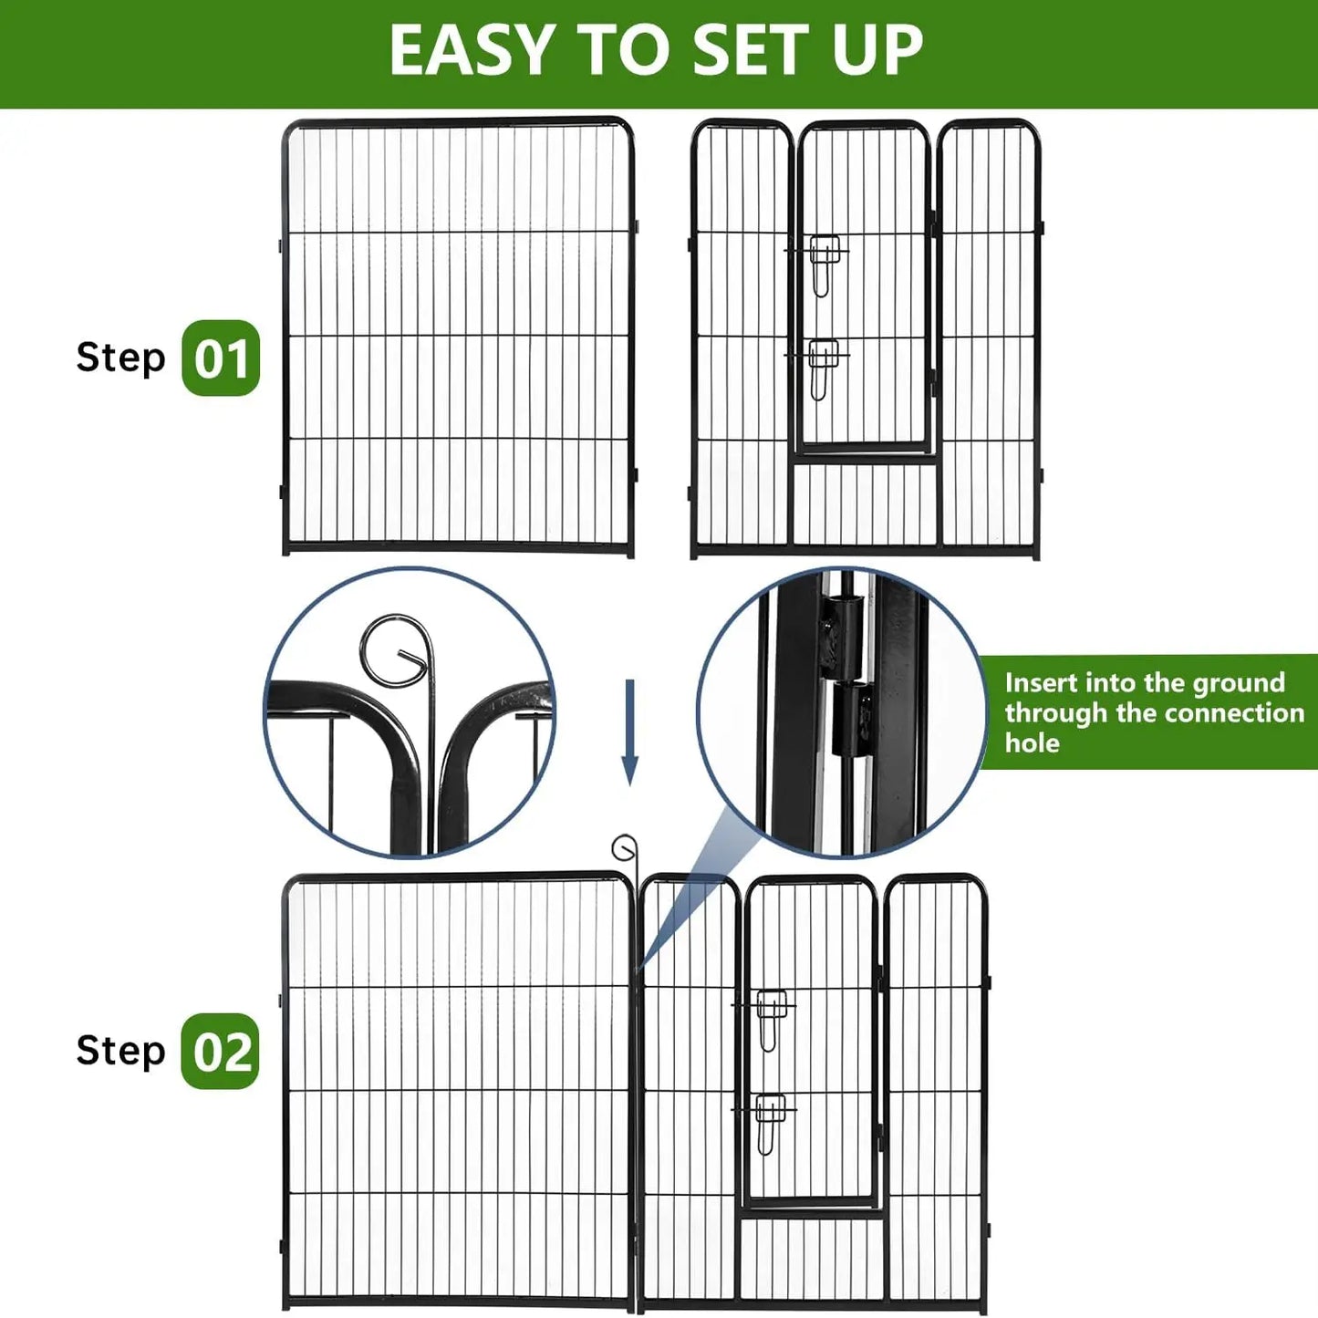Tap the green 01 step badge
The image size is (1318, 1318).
point(221,358)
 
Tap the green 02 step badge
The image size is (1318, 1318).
point(221,1052)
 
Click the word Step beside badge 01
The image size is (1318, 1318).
point(120,358)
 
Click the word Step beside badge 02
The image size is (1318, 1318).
point(120,1051)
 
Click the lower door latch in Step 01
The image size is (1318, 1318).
point(824,367)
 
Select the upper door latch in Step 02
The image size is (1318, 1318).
point(772,1017)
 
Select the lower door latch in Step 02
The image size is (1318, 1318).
point(772,1122)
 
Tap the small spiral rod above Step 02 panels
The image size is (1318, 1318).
point(625,849)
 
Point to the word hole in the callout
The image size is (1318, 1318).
point(1032,743)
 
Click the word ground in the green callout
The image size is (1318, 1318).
point(1239,683)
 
